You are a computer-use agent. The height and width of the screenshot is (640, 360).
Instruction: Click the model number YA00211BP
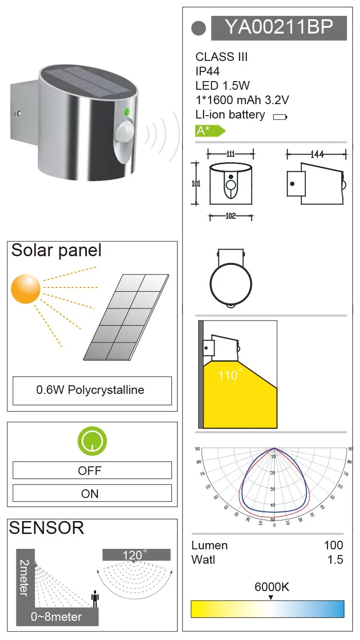tap(279, 28)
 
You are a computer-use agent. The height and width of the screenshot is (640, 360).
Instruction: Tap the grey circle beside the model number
tap(198, 28)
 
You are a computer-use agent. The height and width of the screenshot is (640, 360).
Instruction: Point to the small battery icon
tap(279, 117)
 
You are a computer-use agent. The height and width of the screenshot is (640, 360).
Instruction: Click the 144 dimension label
tap(317, 154)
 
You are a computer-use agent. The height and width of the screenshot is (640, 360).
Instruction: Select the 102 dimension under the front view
tap(231, 216)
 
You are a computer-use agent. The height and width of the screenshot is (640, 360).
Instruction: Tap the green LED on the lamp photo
tap(127, 113)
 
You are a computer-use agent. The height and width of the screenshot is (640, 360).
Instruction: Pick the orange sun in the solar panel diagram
tap(26, 289)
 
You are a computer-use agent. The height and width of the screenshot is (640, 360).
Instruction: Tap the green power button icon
tap(92, 441)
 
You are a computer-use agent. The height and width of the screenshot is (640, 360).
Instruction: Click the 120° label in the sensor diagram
tap(135, 555)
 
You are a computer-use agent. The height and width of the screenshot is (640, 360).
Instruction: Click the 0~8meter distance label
tap(56, 616)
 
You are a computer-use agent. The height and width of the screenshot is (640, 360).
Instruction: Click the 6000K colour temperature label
tap(272, 587)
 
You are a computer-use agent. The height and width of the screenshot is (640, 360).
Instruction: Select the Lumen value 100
tap(334, 545)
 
